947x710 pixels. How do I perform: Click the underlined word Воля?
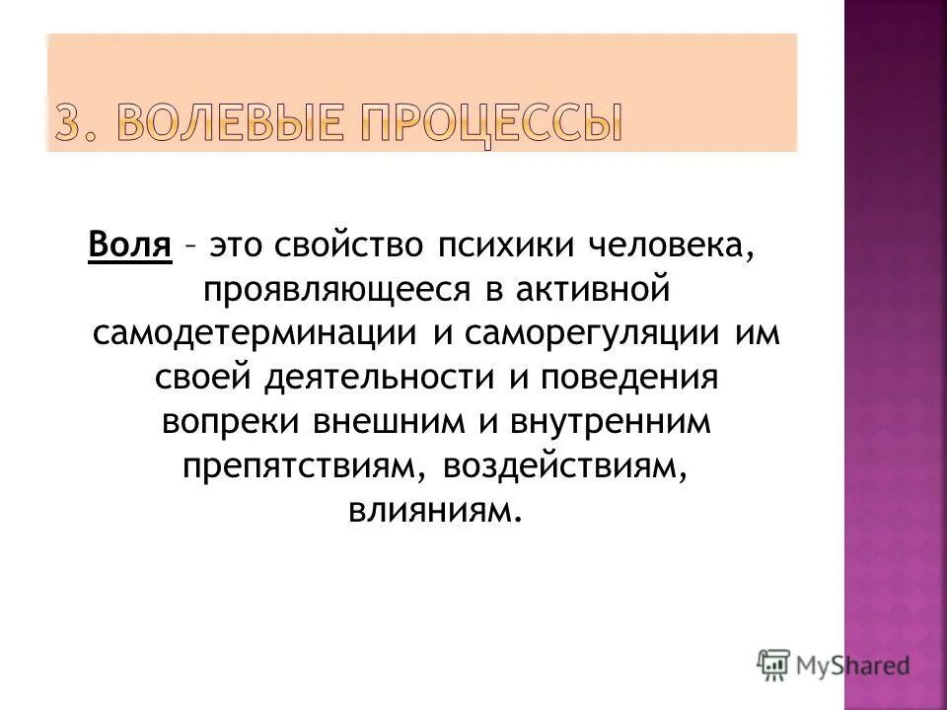[130, 244]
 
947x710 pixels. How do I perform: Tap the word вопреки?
[232, 422]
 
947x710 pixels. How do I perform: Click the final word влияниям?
[431, 511]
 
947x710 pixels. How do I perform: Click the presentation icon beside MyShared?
[773, 664]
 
